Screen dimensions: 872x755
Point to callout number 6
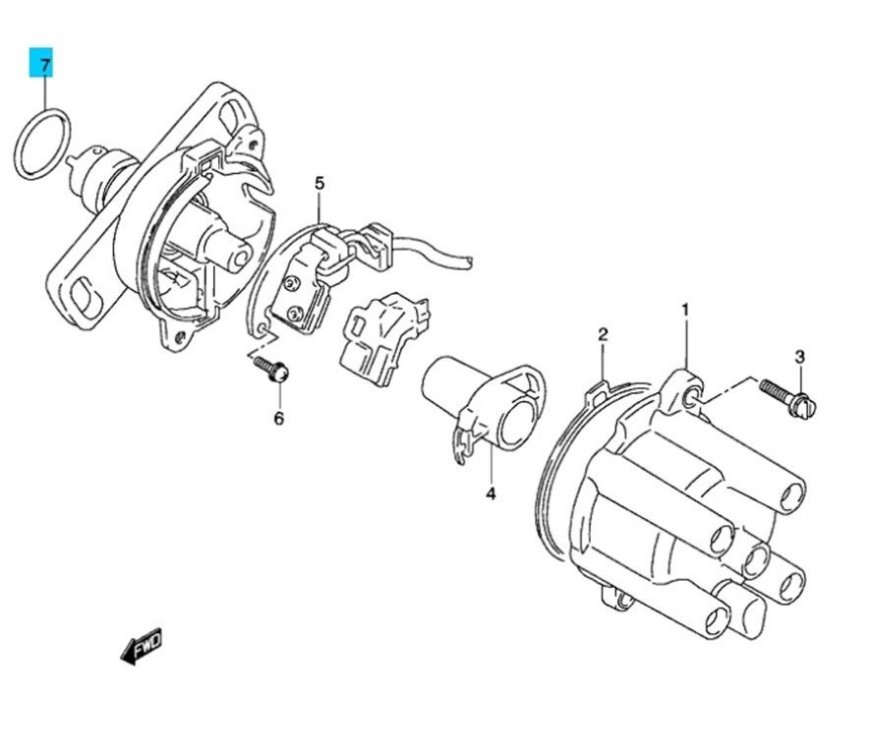pos(278,418)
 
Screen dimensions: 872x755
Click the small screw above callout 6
pos(272,369)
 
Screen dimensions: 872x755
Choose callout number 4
pos(491,493)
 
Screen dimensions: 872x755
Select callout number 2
pos(603,334)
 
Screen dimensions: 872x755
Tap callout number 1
pos(685,309)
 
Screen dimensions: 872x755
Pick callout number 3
pos(799,357)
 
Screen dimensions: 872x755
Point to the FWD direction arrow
pos(142,645)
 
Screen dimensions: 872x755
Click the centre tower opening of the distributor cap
pos(756,560)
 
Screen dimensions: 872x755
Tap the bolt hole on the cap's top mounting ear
pos(691,397)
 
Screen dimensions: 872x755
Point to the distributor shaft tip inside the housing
pos(242,258)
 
